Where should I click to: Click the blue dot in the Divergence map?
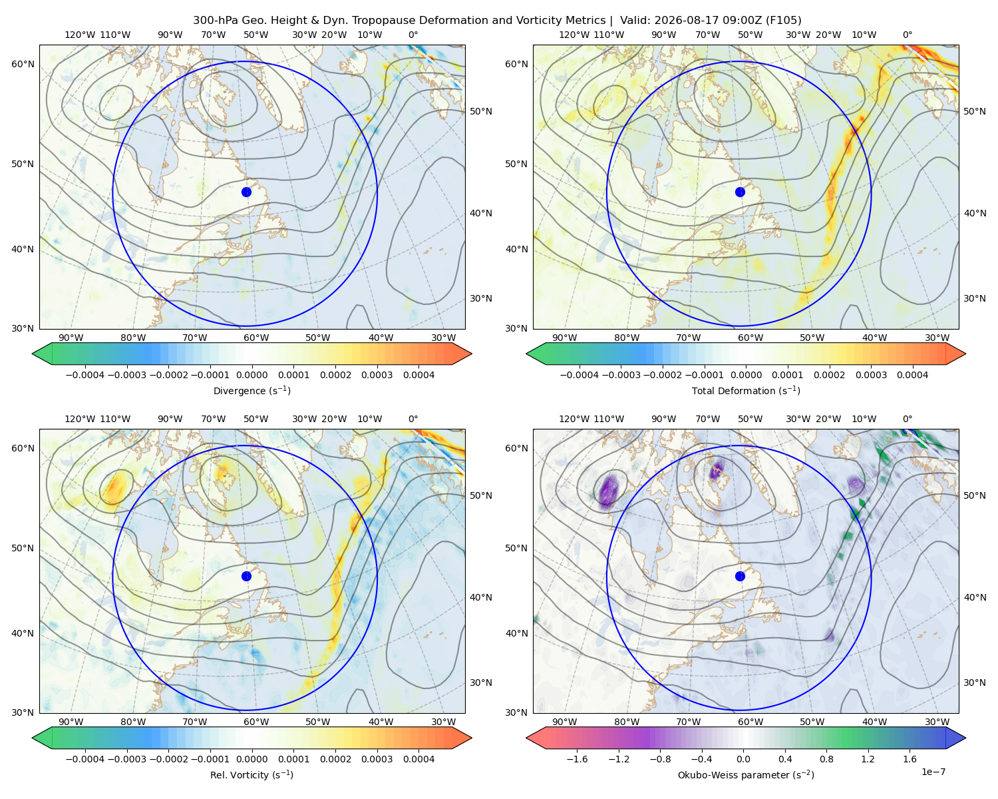(246, 192)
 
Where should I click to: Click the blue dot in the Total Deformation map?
(740, 192)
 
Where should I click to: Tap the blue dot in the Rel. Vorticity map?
(246, 576)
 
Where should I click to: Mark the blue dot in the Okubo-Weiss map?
(740, 576)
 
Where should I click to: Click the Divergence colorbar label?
(251, 390)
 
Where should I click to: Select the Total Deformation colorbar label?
(746, 390)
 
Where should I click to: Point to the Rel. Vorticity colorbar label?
(251, 774)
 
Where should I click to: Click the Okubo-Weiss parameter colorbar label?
(746, 774)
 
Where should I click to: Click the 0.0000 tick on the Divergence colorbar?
(251, 375)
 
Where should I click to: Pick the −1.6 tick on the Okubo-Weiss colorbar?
(577, 758)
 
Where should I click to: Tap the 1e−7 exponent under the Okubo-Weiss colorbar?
(933, 772)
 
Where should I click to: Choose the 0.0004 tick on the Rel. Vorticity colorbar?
(418, 758)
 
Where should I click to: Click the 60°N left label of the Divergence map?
(23, 64)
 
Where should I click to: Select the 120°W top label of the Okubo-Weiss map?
(574, 419)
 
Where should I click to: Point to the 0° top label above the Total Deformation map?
(907, 35)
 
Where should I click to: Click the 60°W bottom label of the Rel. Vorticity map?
(256, 722)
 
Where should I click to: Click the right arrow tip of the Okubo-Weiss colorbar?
(965, 738)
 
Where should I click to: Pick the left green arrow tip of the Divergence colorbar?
(33, 354)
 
